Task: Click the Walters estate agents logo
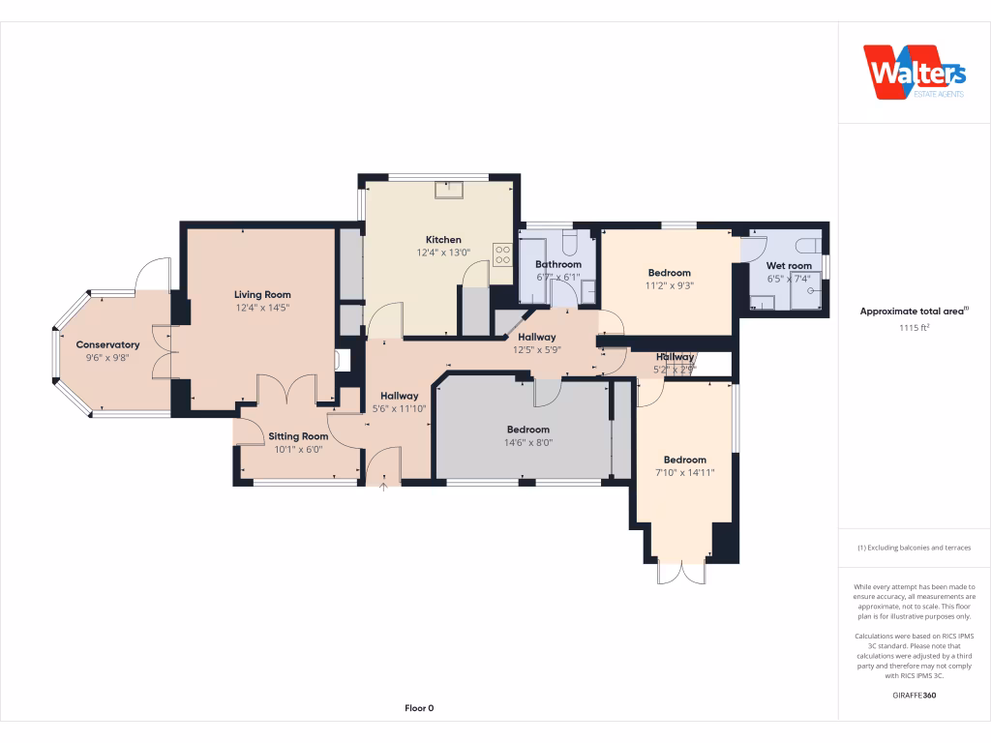(914, 73)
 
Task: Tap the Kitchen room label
(443, 240)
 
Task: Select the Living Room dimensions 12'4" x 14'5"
(262, 308)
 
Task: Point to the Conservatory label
(107, 344)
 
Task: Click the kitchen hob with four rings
(503, 254)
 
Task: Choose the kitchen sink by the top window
(449, 189)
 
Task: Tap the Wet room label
(789, 265)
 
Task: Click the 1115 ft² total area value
(914, 328)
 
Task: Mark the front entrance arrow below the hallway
(383, 488)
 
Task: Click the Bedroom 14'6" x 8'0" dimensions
(527, 442)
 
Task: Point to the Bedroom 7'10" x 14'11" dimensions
(684, 473)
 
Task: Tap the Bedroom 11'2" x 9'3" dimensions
(670, 285)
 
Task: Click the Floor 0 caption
(419, 708)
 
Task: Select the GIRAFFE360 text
(914, 696)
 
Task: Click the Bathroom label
(558, 264)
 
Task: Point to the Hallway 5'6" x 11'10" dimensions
(399, 408)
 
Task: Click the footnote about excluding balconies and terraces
(914, 548)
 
